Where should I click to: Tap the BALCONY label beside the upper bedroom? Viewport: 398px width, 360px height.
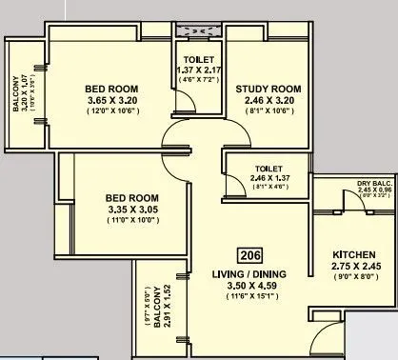point(16,96)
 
